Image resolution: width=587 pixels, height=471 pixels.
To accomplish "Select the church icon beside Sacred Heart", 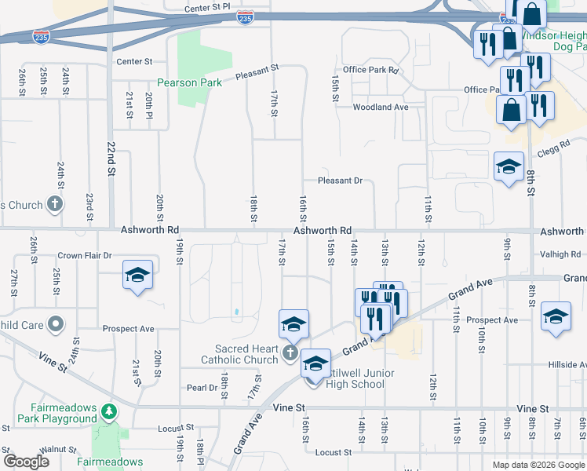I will [290, 353].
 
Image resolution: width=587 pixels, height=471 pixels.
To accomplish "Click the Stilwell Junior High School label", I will [357, 378].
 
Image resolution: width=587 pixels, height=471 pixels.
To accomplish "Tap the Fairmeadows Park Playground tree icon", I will [111, 411].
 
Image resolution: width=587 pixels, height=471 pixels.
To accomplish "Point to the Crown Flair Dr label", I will [86, 256].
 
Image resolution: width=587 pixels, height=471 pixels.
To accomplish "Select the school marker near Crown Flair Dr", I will [138, 276].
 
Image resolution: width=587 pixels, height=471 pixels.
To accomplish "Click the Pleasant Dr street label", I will [340, 181].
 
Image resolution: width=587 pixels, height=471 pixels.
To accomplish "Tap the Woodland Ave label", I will [381, 107].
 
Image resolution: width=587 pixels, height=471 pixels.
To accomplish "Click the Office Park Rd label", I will [371, 70].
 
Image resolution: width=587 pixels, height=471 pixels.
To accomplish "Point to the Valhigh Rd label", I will [560, 254].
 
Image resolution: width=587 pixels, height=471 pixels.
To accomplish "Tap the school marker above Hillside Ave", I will [556, 317].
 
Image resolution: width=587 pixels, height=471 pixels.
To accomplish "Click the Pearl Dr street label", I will [202, 388].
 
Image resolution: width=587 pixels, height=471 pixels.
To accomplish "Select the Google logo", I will [26, 461].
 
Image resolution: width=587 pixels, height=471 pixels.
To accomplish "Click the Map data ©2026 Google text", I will [538, 465].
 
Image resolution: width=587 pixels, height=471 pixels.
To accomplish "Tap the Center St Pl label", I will [207, 7].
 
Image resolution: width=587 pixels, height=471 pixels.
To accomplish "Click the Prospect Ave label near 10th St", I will [492, 320].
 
